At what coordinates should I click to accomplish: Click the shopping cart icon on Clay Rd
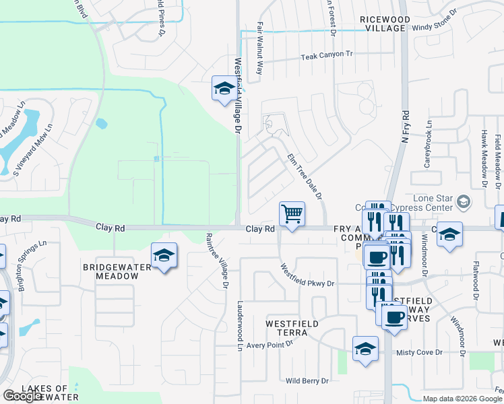click(292, 215)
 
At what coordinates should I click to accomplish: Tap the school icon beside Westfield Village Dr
click(224, 88)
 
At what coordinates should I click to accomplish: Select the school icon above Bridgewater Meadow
click(164, 256)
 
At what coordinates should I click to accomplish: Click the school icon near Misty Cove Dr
click(365, 348)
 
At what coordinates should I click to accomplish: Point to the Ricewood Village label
click(385, 24)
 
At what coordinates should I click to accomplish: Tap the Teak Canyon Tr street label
click(327, 55)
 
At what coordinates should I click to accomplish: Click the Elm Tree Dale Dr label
click(305, 176)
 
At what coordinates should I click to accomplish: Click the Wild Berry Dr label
click(307, 380)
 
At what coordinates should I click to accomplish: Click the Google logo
click(23, 396)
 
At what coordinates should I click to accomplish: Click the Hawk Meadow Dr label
click(484, 157)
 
